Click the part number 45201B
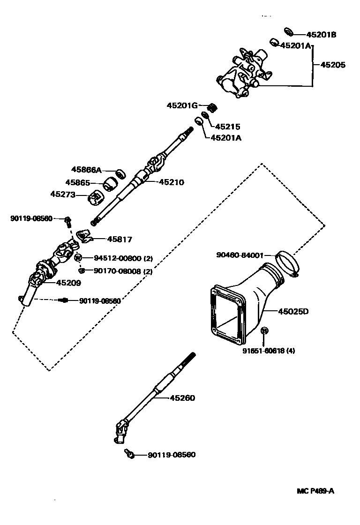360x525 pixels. click(x=321, y=35)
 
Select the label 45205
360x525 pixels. click(x=333, y=65)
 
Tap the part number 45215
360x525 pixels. click(x=228, y=127)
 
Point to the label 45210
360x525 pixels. click(x=172, y=182)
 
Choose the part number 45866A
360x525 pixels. click(x=86, y=170)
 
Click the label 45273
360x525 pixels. click(x=63, y=194)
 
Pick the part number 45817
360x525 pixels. click(x=120, y=239)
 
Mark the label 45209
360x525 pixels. click(x=68, y=283)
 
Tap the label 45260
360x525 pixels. click(x=182, y=398)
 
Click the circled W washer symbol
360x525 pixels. click(x=78, y=258)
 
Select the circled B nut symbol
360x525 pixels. click(x=264, y=331)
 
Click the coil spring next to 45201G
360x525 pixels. click(x=212, y=107)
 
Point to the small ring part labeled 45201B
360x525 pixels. click(x=289, y=32)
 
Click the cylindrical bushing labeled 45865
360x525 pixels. click(x=111, y=184)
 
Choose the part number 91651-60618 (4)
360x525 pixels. click(x=269, y=350)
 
